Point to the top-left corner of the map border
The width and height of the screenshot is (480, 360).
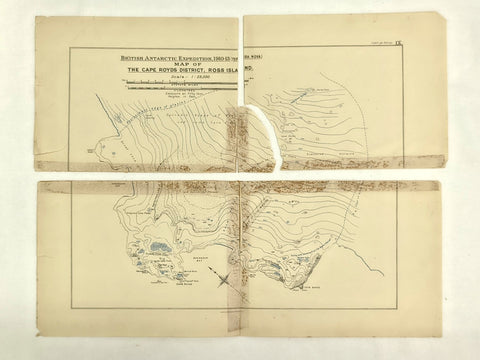(x=69, y=47)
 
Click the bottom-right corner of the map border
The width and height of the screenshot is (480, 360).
(x=399, y=305)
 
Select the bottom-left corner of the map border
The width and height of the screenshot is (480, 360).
(x=71, y=305)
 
